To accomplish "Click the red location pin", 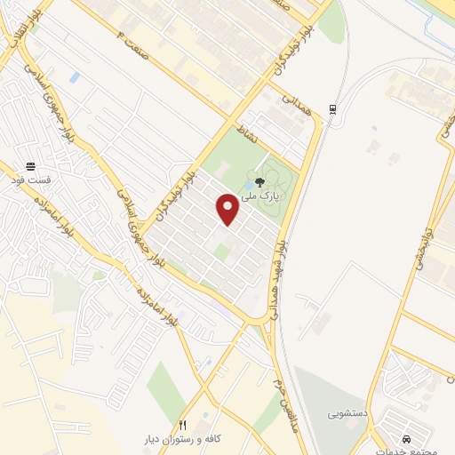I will (228, 210).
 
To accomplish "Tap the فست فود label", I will (31, 180).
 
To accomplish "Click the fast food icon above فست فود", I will (31, 166).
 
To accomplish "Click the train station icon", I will (332, 108).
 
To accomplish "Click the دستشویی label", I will (346, 414).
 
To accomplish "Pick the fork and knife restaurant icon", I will (183, 425).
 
